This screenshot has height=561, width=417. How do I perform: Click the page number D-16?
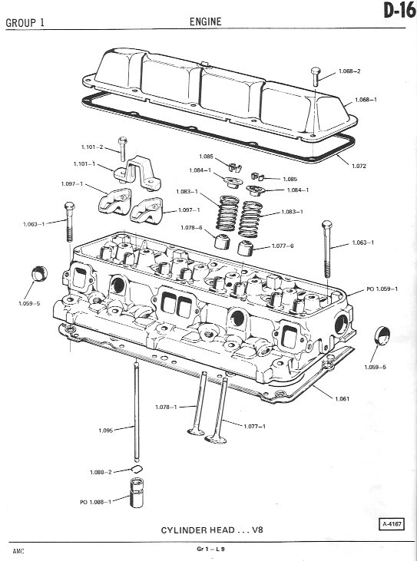click(x=399, y=11)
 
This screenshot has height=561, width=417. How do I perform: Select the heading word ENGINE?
click(x=206, y=21)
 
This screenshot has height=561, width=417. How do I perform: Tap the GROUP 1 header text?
click(x=25, y=23)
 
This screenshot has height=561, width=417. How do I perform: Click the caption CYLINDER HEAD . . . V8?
click(x=212, y=530)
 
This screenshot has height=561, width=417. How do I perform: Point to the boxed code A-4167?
click(x=392, y=524)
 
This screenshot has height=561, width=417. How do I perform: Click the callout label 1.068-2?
click(x=349, y=71)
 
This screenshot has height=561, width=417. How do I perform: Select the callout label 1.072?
click(x=359, y=166)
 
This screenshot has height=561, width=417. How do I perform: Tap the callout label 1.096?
click(x=105, y=431)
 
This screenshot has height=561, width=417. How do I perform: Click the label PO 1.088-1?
click(x=95, y=502)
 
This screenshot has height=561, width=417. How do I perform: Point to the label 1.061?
click(x=343, y=398)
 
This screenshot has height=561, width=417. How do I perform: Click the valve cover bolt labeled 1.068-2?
click(x=316, y=76)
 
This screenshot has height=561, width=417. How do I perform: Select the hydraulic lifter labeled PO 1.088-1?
click(x=137, y=492)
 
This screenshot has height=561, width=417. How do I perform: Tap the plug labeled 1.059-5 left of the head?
click(x=39, y=274)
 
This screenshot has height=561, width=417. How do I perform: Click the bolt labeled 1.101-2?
click(x=122, y=148)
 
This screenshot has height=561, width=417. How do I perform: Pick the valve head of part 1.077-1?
click(x=216, y=439)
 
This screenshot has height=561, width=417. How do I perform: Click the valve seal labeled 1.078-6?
click(x=222, y=241)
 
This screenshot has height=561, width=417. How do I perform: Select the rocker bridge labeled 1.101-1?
click(x=137, y=173)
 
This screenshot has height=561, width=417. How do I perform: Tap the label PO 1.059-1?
click(x=382, y=289)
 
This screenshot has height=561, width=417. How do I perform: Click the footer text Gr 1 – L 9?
click(x=210, y=549)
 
